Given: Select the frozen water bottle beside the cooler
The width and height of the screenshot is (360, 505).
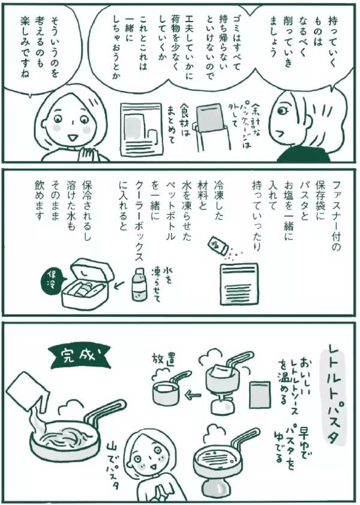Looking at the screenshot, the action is [x=139, y=284].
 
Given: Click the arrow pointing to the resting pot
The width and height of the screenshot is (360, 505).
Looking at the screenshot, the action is [x=192, y=393].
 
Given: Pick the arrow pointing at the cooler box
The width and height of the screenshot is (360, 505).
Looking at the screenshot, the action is [x=121, y=284].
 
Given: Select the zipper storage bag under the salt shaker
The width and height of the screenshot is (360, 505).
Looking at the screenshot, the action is [x=238, y=283].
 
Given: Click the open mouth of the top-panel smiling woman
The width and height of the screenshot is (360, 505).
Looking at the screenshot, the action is [x=72, y=137].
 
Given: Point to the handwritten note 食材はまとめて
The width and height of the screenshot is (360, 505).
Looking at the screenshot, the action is [x=178, y=124].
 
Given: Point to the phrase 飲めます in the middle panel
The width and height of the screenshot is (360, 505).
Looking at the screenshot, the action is [x=40, y=200].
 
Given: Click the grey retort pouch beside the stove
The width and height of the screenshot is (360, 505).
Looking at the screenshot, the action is [x=259, y=395].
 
